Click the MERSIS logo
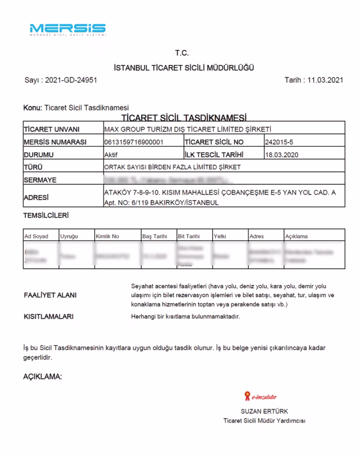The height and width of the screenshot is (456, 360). [x=67, y=29]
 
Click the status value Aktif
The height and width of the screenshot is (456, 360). [x=107, y=154]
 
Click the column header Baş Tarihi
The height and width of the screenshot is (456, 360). [x=154, y=235]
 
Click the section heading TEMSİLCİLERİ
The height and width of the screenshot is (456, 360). [x=46, y=216]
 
